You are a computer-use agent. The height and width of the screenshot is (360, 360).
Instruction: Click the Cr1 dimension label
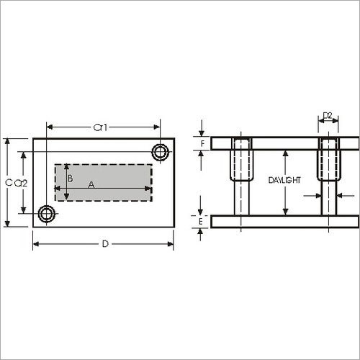tap(100, 127)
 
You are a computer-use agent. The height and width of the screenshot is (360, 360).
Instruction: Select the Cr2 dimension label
tap(21, 184)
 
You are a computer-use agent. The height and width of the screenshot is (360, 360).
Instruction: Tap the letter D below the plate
tap(105, 244)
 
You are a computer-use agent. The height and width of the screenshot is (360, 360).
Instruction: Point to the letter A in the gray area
tap(91, 184)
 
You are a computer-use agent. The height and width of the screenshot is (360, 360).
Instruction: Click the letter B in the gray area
tap(70, 179)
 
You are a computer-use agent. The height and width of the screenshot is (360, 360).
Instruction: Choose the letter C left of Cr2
tap(9, 183)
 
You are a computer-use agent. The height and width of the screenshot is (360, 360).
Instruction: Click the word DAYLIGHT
tap(284, 180)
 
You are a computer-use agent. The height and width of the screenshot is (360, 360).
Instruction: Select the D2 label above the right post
tap(328, 116)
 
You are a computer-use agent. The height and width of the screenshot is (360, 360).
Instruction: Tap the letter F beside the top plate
tap(202, 143)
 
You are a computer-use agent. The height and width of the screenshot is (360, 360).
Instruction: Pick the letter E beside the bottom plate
tap(201, 221)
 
